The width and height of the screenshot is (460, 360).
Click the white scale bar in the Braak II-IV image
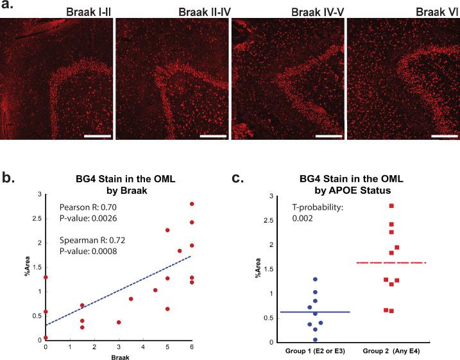pyautogui.click(x=213, y=135)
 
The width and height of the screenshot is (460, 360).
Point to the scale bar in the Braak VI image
pyautogui.click(x=444, y=135)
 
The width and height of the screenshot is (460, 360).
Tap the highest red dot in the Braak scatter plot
pyautogui.click(x=192, y=204)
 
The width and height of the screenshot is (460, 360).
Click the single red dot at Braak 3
pyautogui.click(x=119, y=322)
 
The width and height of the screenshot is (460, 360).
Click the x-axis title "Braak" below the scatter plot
pyautogui.click(x=118, y=356)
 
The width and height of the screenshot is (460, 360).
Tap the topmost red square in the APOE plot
pyautogui.click(x=391, y=206)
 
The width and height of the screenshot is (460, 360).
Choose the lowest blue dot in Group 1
pyautogui.click(x=315, y=339)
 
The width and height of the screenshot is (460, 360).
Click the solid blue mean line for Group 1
pyautogui.click(x=315, y=312)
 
